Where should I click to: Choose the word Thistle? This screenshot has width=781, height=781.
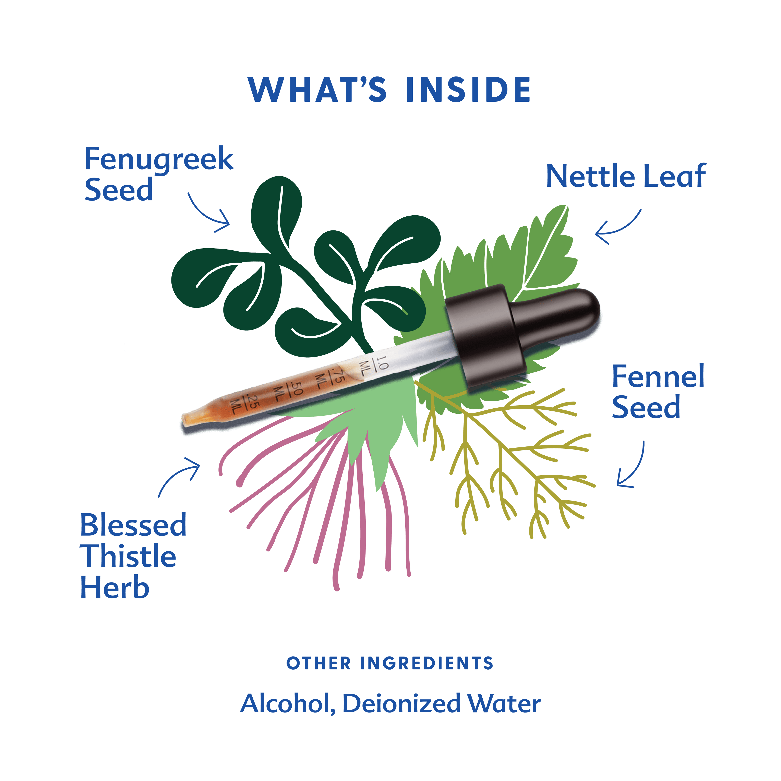(x=128, y=556)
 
